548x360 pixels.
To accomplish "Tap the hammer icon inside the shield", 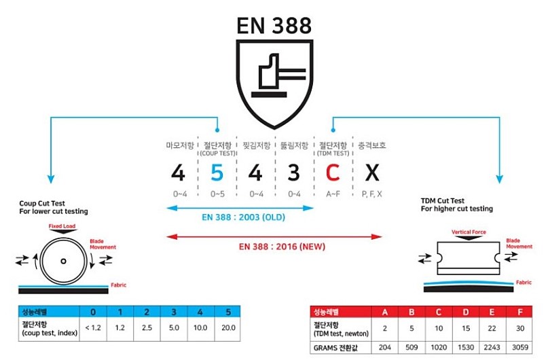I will coord(274,73).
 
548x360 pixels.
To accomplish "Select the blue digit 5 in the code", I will coord(217,173).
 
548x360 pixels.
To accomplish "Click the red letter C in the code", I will coord(332,173).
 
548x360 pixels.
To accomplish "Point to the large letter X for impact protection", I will coord(371,173).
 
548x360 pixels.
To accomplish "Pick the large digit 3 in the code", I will coord(293,173).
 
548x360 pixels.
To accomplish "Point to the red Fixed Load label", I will coord(62,226).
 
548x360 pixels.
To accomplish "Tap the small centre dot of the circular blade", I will coord(62,261).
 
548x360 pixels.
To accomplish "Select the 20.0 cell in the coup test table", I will coord(229,327).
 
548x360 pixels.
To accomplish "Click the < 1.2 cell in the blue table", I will coord(93,327).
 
